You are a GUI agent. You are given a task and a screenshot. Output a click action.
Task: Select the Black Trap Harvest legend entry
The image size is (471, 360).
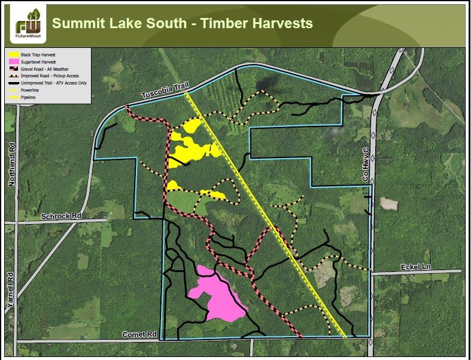[x=39, y=55]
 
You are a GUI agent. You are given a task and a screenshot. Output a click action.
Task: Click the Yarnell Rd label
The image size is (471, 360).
[x=10, y=291]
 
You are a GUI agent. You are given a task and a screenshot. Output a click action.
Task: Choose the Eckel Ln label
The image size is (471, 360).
[x=414, y=266]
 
